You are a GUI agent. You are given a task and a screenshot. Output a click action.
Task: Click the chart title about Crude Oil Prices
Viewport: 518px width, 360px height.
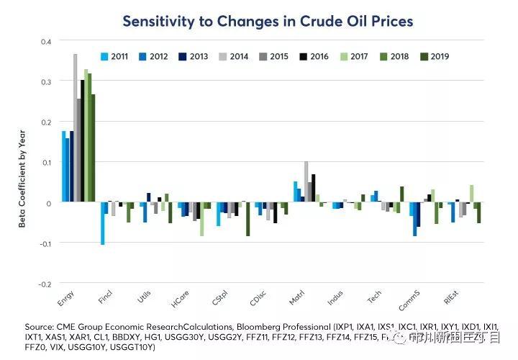coord(268,21)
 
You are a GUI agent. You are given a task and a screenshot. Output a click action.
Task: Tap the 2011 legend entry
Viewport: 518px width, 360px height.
coord(114,55)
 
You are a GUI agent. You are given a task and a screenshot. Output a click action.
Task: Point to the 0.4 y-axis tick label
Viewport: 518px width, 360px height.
coord(45,42)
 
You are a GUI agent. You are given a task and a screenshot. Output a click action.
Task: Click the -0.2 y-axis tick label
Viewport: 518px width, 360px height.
coord(44,284)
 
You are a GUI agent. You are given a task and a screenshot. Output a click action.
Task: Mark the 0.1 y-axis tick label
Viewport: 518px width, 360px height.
coord(45,163)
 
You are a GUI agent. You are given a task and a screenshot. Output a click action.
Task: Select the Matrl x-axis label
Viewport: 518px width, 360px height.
coord(296,295)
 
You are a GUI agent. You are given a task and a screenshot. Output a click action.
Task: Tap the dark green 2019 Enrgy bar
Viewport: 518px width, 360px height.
coord(93,148)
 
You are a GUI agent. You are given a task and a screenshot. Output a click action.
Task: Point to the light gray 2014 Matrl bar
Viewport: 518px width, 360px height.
coord(306,182)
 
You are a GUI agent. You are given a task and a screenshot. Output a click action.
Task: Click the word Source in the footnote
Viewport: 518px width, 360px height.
coord(39,325)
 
